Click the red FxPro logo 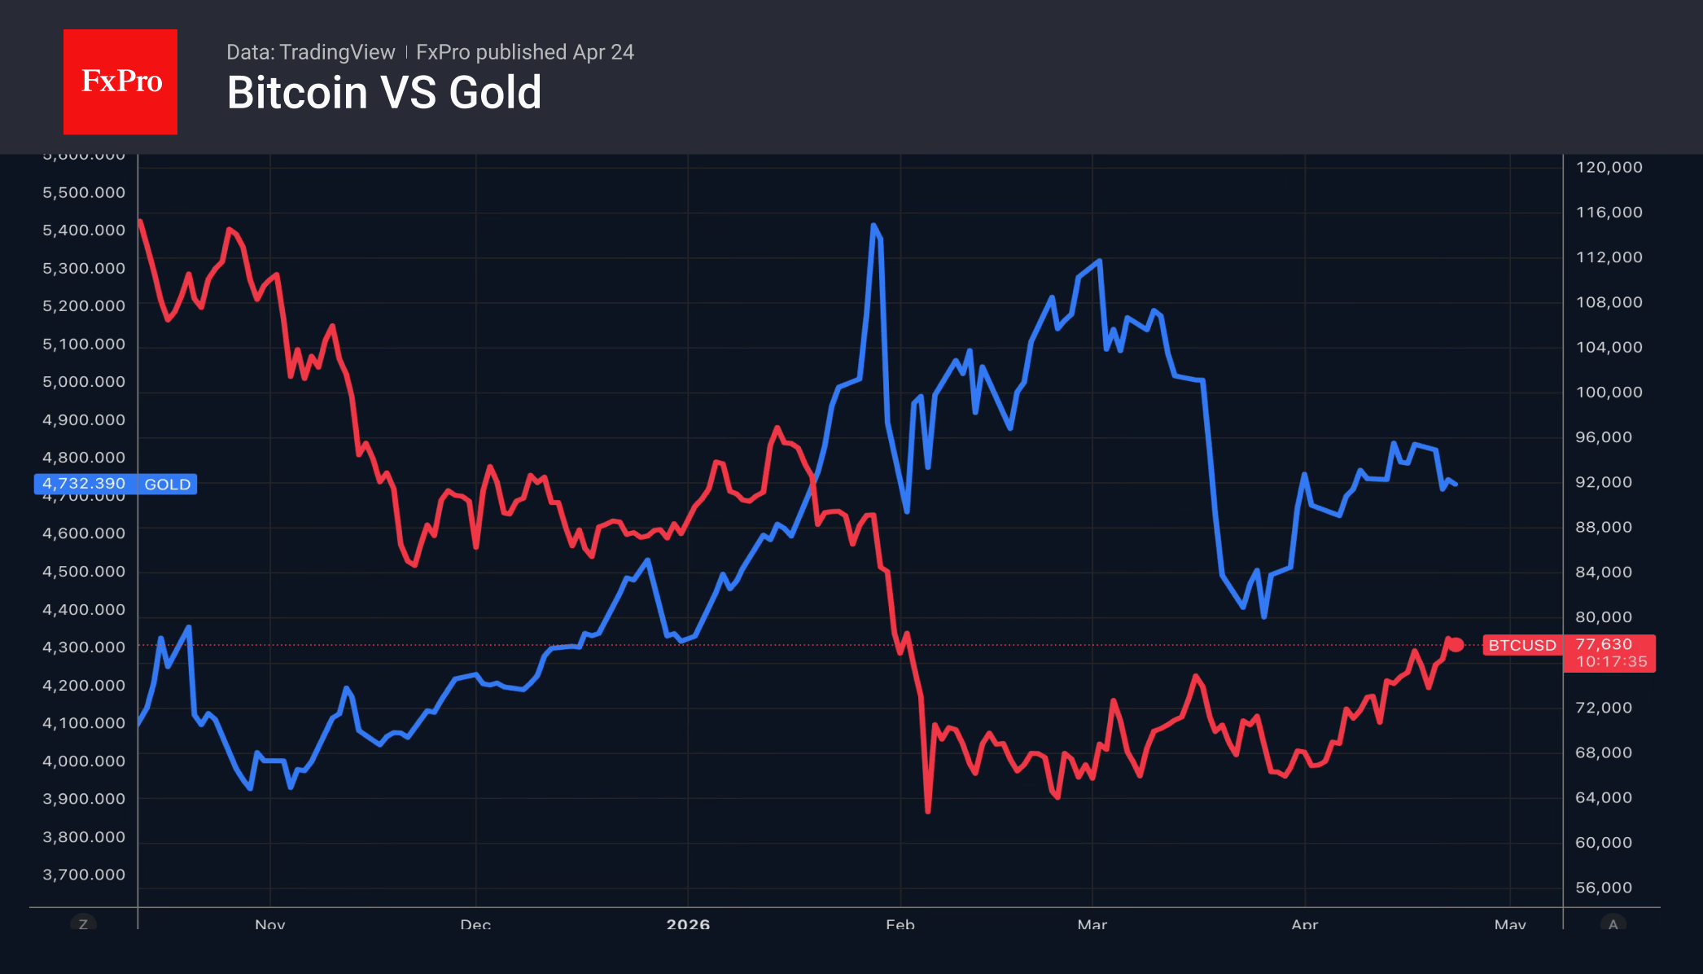tap(120, 81)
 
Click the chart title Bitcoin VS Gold tap(384, 93)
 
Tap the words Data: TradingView tap(310, 52)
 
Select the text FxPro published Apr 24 tap(525, 52)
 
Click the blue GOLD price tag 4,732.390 tap(115, 484)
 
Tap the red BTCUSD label tap(1521, 645)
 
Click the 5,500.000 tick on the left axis tap(84, 193)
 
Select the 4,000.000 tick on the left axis tap(84, 761)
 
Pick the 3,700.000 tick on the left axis tap(84, 875)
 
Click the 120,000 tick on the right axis tap(1609, 168)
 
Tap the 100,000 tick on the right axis tap(1609, 393)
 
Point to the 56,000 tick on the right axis tap(1604, 888)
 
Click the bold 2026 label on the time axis tap(688, 924)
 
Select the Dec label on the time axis tap(475, 924)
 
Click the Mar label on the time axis tap(1092, 924)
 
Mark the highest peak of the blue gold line tap(873, 226)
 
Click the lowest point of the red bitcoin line tap(928, 811)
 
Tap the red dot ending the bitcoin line tap(1456, 645)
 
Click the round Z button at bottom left tap(83, 924)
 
